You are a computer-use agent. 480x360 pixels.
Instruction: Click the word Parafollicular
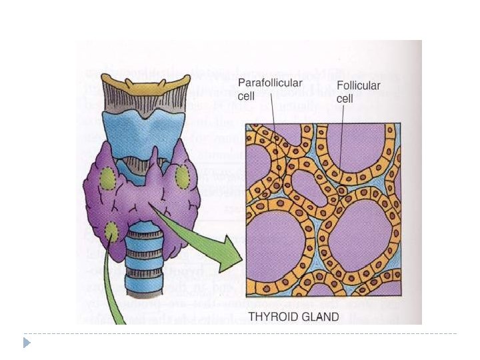pyautogui.click(x=270, y=83)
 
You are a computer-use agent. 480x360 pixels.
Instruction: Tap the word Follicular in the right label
pyautogui.click(x=359, y=86)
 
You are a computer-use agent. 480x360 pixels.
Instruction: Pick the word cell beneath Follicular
pyautogui.click(x=345, y=99)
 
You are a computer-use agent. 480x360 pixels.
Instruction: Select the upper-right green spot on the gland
pyautogui.click(x=181, y=177)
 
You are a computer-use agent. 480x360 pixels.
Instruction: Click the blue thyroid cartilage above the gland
pyautogui.click(x=143, y=133)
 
